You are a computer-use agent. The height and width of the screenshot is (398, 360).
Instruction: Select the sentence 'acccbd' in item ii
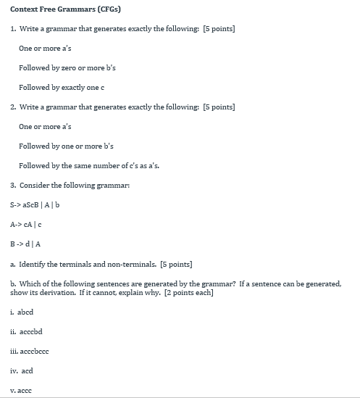[30, 331]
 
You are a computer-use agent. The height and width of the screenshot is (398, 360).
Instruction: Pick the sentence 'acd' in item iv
[26, 370]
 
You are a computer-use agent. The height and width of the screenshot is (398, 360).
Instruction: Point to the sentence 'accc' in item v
[25, 390]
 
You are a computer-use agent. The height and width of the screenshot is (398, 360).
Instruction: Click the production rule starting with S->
[35, 204]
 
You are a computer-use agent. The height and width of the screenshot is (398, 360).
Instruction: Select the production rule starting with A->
[27, 224]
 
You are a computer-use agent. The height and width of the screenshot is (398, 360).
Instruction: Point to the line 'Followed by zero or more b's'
[67, 67]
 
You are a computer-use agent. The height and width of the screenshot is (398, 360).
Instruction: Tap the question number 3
[13, 185]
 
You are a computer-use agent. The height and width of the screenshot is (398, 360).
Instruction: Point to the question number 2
[13, 107]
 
